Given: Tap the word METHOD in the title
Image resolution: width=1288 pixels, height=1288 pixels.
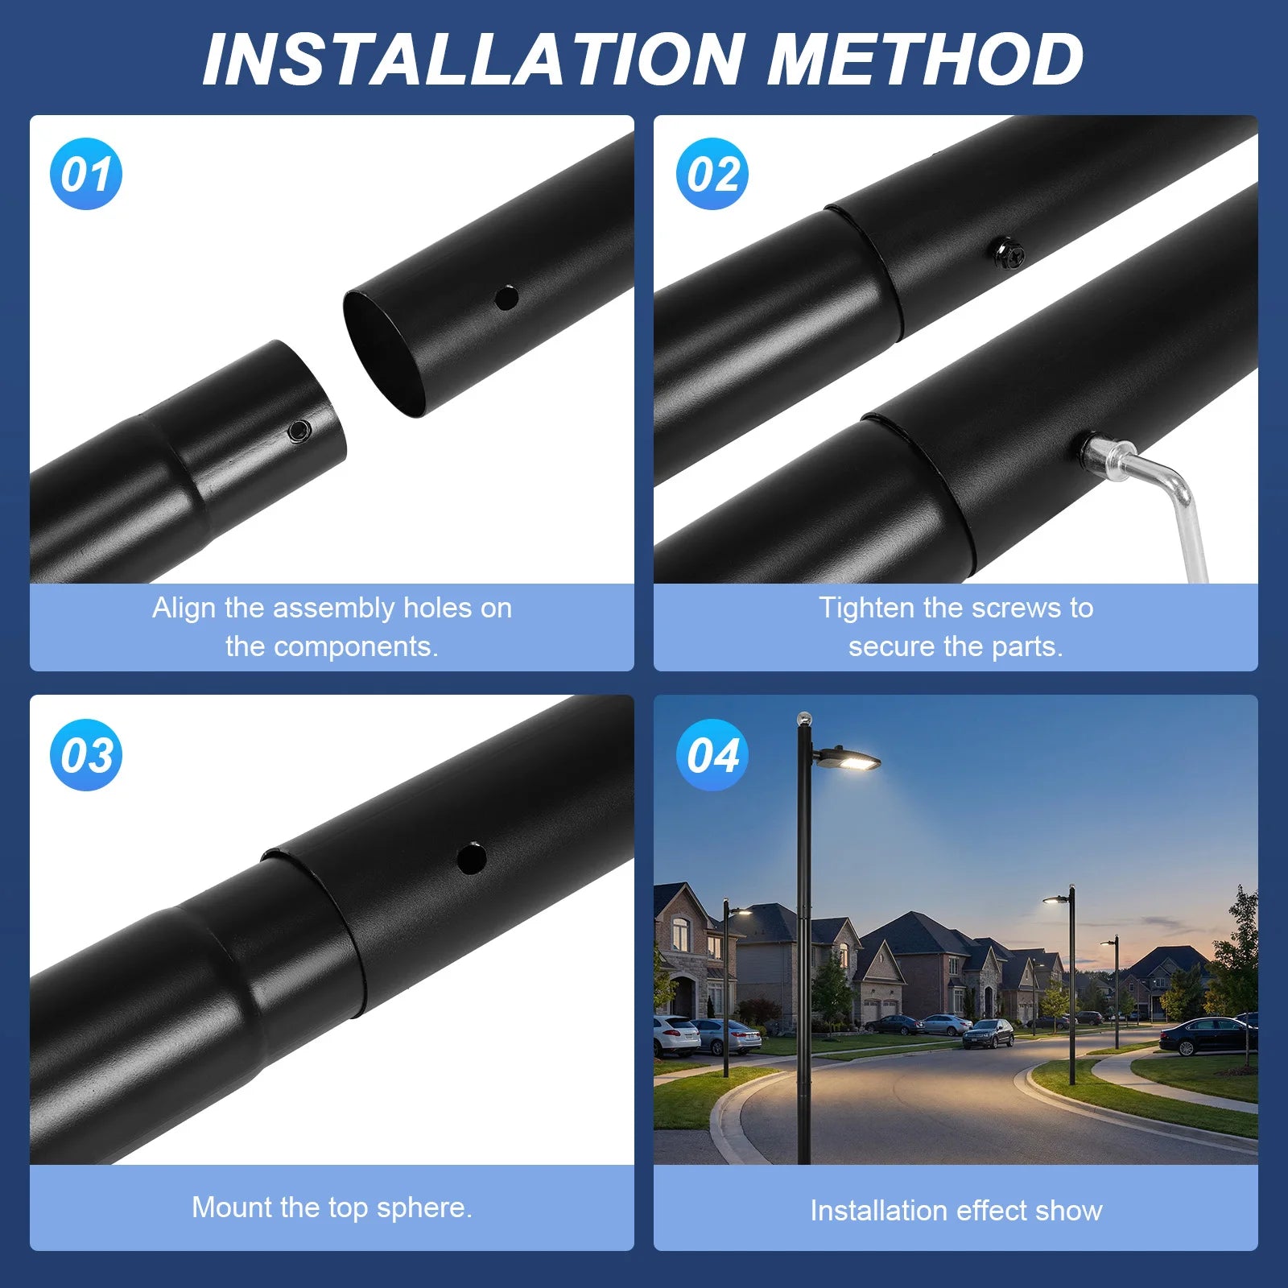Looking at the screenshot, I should pos(925,60).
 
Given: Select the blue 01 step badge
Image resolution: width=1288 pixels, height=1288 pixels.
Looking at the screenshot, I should pos(86,174).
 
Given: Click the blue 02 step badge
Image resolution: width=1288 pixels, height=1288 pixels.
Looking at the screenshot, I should pos(712,174).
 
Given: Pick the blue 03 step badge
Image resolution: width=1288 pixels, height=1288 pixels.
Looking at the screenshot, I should pos(86,755).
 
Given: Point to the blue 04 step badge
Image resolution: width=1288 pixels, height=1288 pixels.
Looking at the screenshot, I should pos(712,755).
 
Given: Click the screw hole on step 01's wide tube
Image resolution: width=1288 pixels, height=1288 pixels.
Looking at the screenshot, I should pos(506,298).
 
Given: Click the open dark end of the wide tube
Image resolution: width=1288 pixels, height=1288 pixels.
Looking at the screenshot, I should pos(384,354).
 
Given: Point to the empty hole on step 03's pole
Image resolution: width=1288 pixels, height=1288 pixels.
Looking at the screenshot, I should pos(471,858).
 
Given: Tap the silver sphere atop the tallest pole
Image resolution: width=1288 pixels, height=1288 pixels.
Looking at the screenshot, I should pos(803,718).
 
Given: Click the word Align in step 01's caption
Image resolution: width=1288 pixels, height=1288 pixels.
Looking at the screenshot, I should pos(184,608).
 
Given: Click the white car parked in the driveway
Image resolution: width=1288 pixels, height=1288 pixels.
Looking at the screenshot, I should pos(675,1034).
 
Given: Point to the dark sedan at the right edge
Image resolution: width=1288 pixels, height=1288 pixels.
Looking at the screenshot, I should pos(1207,1036).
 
